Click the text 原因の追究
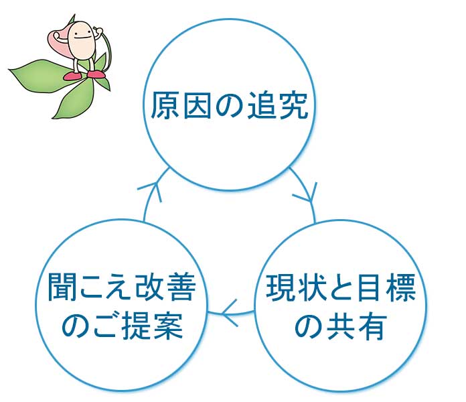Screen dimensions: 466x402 229,106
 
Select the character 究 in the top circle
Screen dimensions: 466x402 293,106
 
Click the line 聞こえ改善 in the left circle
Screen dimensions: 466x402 122,287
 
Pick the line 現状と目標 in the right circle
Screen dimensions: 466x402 341,287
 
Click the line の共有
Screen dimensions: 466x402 341,326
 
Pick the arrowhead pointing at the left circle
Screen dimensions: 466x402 230,312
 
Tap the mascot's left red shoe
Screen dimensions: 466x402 74,76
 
